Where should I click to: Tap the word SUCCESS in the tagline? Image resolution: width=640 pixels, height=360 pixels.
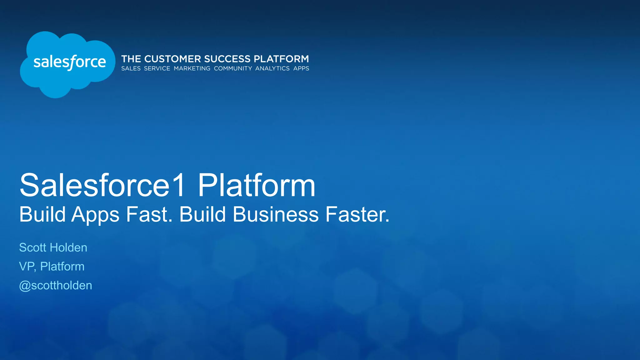tap(227, 59)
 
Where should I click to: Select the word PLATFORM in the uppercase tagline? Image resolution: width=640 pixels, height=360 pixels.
tap(281, 59)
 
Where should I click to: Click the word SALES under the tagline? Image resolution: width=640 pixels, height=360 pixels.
tap(131, 68)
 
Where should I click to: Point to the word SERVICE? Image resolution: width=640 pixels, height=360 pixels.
tap(157, 68)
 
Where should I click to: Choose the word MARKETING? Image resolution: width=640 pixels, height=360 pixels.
tap(192, 68)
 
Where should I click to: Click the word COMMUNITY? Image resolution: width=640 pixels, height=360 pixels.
tap(233, 68)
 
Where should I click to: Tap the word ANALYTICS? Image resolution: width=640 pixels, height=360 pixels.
tap(272, 68)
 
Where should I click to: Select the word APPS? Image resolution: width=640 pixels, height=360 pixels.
tap(301, 68)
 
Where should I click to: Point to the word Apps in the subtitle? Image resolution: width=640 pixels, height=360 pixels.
tap(95, 215)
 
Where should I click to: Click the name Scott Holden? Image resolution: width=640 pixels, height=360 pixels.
tap(53, 247)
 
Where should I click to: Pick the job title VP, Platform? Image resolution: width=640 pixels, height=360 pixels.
tap(52, 267)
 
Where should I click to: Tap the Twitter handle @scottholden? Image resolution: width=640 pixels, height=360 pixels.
tap(56, 286)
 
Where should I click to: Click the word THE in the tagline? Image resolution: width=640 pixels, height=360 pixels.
tap(131, 59)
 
